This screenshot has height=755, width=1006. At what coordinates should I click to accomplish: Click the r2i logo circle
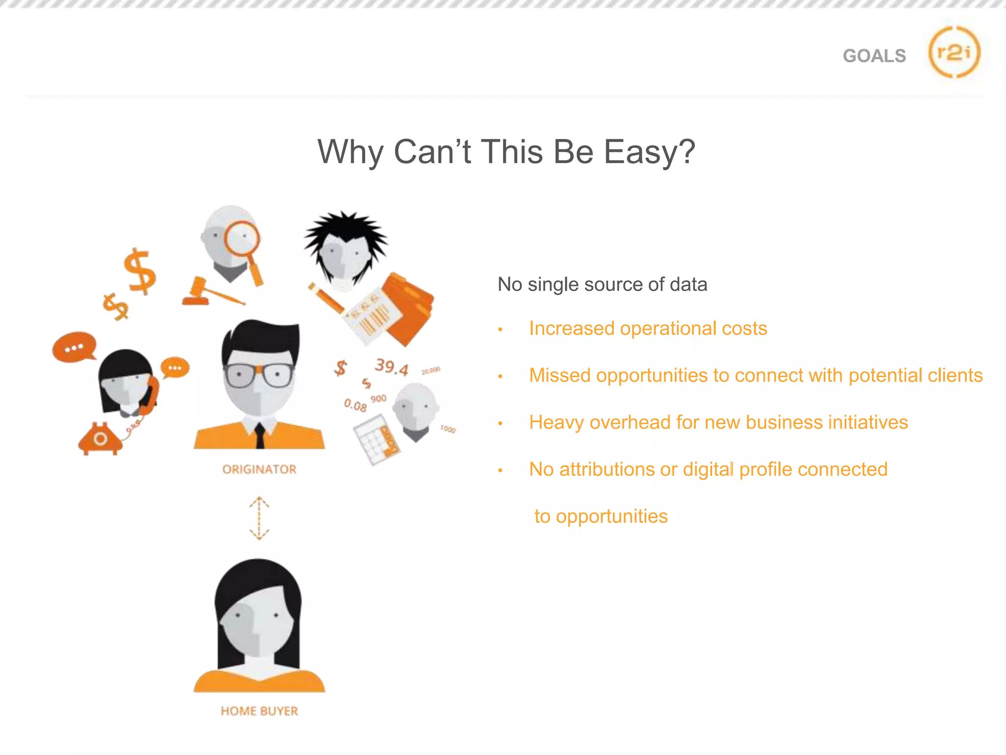click(954, 52)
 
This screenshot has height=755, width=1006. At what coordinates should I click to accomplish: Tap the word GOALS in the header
click(874, 56)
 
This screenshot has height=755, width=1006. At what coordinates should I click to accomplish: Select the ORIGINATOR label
click(259, 469)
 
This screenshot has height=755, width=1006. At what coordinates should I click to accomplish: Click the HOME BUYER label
click(259, 711)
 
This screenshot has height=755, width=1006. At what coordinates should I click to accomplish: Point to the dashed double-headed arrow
click(259, 518)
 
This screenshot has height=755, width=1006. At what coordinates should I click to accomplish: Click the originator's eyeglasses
click(259, 375)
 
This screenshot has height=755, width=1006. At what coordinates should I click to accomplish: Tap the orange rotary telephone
click(100, 439)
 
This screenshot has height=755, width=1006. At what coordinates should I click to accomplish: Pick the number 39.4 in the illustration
click(391, 367)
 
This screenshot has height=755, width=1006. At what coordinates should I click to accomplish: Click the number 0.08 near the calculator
click(355, 405)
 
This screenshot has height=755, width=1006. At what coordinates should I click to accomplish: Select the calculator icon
click(376, 439)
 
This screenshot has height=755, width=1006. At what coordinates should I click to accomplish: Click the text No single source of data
click(602, 285)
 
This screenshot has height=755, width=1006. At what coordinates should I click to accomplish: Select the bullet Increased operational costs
click(647, 328)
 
